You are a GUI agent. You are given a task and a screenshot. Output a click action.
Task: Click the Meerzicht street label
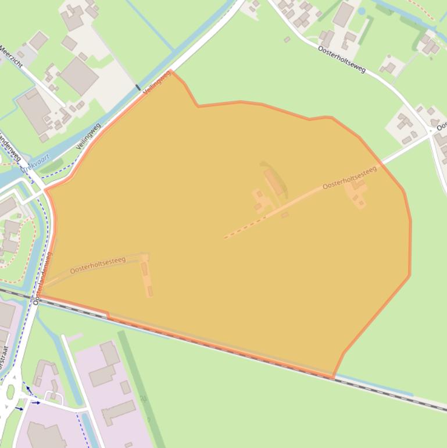pyautogui.click(x=11, y=56)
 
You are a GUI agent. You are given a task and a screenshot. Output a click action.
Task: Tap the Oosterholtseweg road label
pyautogui.click(x=342, y=59)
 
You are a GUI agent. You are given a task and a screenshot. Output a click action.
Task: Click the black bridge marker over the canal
pyautogui.click(x=138, y=88)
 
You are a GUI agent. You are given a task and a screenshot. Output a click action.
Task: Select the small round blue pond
pyautogui.click(x=362, y=10)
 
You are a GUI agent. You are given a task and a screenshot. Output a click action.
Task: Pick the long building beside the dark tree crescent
pyautogui.click(x=274, y=182)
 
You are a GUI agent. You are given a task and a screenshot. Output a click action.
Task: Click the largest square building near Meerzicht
pyautogui.click(x=78, y=75)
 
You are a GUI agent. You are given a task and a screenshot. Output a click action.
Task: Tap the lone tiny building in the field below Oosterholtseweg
pyautogui.click(x=287, y=40)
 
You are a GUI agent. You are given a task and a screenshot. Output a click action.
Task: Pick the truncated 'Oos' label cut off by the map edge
pyautogui.click(x=442, y=125)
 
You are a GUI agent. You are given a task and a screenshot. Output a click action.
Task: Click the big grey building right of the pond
pyautogui.click(x=343, y=15)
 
